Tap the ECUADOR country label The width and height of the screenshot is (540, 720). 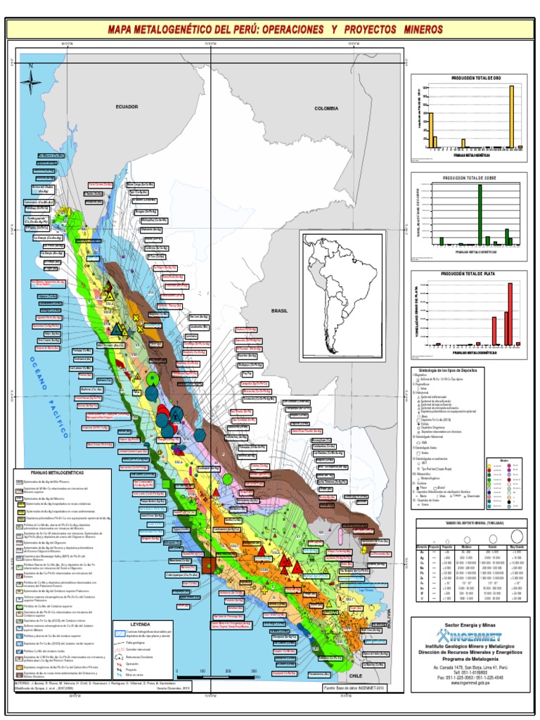point(127,106)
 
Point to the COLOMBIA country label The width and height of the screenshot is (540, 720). point(326,108)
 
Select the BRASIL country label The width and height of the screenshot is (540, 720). point(281,309)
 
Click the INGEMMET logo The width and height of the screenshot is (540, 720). point(468,631)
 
